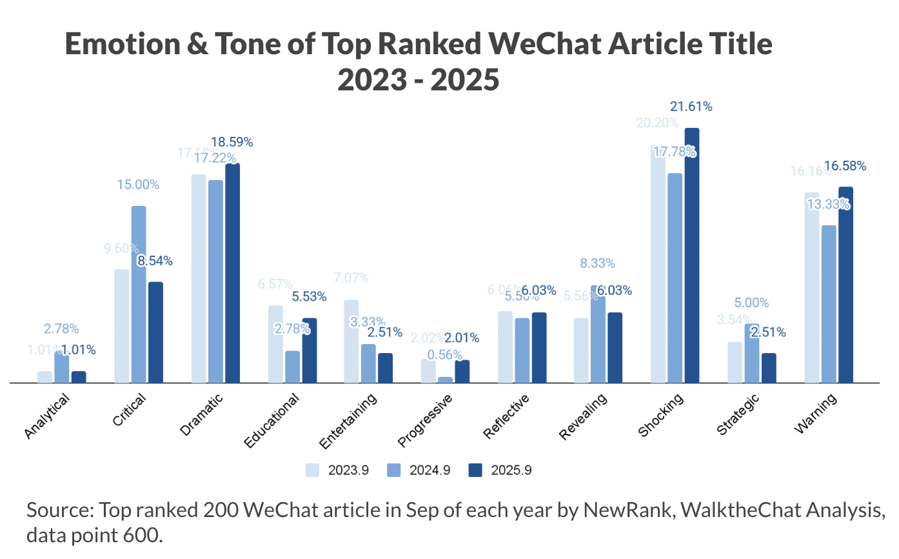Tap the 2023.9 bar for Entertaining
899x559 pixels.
click(x=351, y=341)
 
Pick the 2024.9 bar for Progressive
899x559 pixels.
click(x=446, y=380)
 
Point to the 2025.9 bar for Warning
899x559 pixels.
click(x=845, y=285)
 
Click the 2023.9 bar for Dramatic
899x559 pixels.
click(x=199, y=278)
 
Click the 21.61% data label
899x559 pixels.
click(x=691, y=107)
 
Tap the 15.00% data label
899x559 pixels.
click(x=138, y=185)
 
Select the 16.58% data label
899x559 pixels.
click(x=845, y=167)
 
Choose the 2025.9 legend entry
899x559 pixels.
click(x=500, y=470)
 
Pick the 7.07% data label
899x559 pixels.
click(x=351, y=278)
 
